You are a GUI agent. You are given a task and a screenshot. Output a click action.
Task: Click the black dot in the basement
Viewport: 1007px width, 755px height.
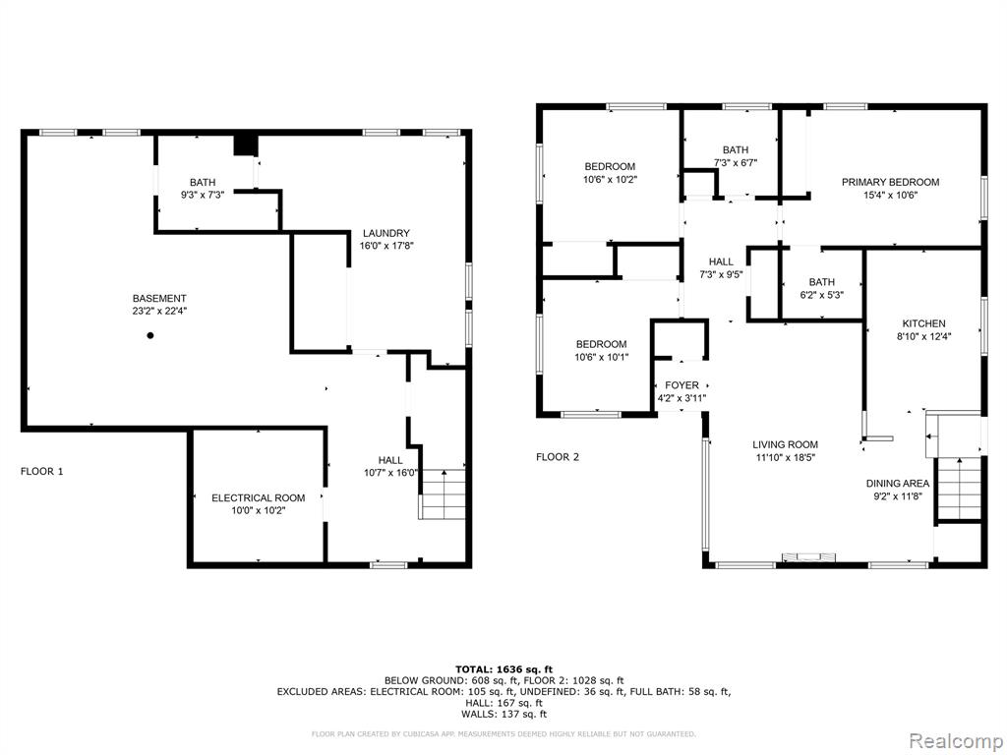tap(150, 335)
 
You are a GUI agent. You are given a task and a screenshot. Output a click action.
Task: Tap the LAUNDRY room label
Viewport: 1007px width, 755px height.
tap(385, 233)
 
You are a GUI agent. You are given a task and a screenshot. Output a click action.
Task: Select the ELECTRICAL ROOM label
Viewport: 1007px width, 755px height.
tap(259, 498)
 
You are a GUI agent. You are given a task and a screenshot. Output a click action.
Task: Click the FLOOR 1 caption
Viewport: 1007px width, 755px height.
tap(41, 471)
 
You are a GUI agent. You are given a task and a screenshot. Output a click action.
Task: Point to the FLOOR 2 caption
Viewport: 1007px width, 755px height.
tap(558, 457)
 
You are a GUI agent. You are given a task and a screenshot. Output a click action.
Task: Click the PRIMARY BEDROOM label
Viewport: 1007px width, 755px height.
tap(890, 182)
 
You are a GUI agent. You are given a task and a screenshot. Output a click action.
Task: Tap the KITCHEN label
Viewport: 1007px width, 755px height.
tap(923, 323)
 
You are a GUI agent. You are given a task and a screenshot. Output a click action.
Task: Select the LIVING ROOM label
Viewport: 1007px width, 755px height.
tap(786, 444)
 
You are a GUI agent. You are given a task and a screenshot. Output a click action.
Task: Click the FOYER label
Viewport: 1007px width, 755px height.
tap(681, 385)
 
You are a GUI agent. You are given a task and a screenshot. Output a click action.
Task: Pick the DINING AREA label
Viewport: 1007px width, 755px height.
tap(897, 484)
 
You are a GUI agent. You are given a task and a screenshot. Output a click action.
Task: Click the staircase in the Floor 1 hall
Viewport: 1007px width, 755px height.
tap(443, 494)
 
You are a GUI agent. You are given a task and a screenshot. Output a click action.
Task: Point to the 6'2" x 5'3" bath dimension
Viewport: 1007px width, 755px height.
tap(821, 295)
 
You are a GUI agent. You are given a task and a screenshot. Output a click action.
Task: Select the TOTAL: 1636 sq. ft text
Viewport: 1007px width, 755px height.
tap(503, 668)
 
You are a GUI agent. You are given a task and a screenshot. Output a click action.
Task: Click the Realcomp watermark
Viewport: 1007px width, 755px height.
tap(955, 741)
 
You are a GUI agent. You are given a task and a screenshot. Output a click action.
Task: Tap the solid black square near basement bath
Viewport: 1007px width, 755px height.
tap(245, 145)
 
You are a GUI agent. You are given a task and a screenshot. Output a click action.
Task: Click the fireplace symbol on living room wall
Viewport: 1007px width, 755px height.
tap(808, 556)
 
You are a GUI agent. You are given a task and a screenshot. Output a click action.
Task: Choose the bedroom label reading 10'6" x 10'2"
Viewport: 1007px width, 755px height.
tap(610, 180)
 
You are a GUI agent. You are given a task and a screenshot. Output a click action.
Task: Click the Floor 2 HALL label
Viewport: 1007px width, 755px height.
tap(721, 261)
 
